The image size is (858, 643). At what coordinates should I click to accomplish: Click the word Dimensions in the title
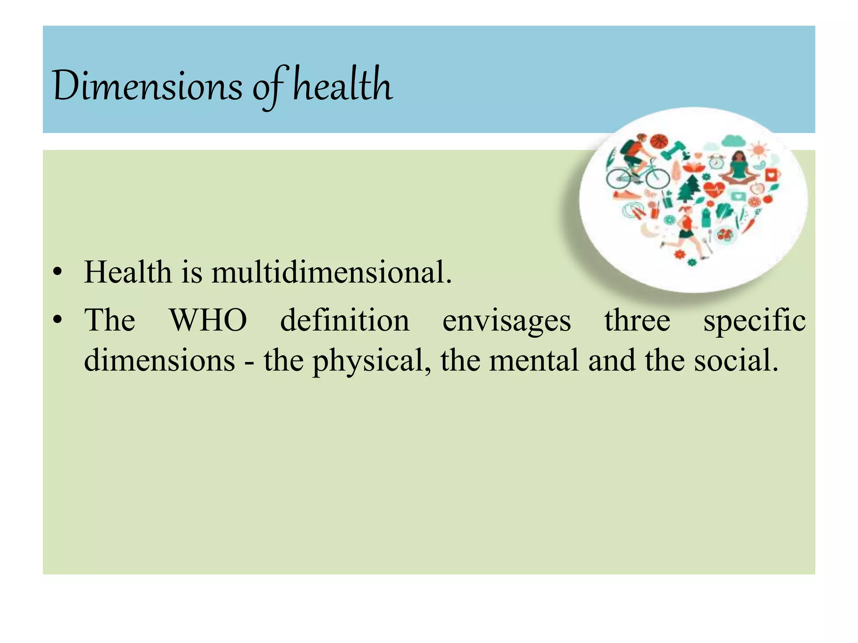[x=147, y=86]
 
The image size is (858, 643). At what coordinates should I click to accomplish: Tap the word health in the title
[x=342, y=85]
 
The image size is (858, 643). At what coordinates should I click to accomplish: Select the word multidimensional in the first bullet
[x=331, y=273]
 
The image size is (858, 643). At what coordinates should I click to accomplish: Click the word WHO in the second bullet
[x=208, y=321]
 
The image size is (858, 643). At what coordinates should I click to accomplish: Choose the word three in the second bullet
[x=637, y=321]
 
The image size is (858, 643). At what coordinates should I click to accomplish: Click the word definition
[x=344, y=321]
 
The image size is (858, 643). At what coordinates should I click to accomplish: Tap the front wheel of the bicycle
[x=657, y=178]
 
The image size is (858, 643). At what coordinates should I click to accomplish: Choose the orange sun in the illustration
[x=759, y=149]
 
